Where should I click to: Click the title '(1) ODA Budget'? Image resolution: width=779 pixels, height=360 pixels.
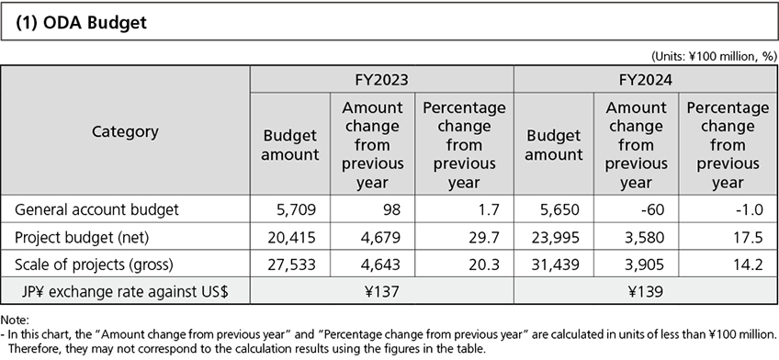pos(81,23)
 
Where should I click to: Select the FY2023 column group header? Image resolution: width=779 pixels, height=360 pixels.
pos(382,80)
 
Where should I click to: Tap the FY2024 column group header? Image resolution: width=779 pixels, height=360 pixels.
pos(645,80)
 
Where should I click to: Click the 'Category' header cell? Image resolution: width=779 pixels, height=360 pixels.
pos(125,131)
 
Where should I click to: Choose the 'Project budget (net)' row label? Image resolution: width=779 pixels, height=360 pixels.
pos(77,238)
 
